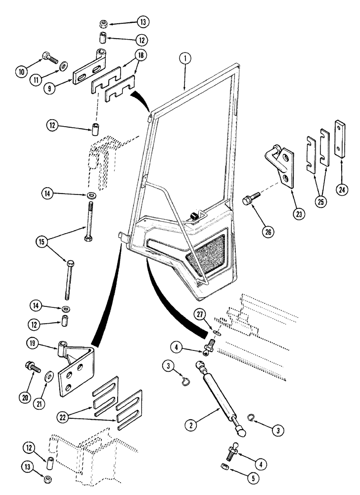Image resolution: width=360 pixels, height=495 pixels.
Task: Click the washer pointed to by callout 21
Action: tap(50, 376)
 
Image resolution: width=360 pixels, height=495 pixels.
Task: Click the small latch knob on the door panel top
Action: tap(194, 215)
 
